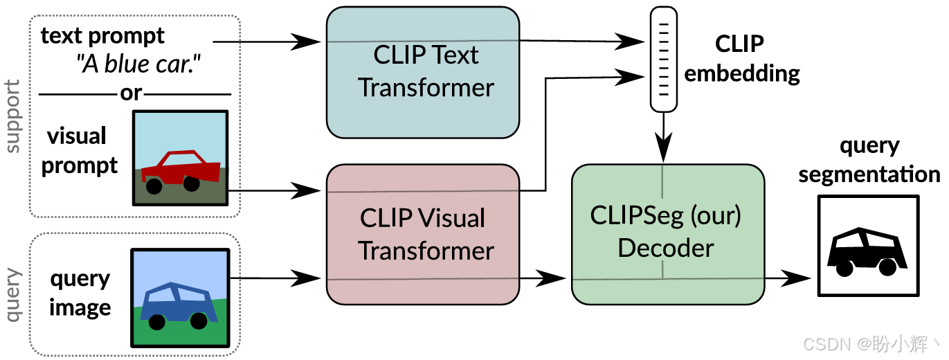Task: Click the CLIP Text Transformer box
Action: pos(422,71)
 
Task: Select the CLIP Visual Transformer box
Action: pos(422,234)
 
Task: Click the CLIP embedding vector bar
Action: pos(664,60)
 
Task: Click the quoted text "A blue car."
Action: pos(143,64)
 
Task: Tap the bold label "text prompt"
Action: pos(103,35)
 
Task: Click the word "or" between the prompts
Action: pos(132,93)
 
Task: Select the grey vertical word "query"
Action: pos(12,296)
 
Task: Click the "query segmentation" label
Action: pos(869,160)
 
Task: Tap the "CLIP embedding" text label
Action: pos(741,58)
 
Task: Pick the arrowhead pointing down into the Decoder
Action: pos(664,149)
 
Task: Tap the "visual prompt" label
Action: pos(78,151)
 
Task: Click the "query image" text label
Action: pos(80,293)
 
